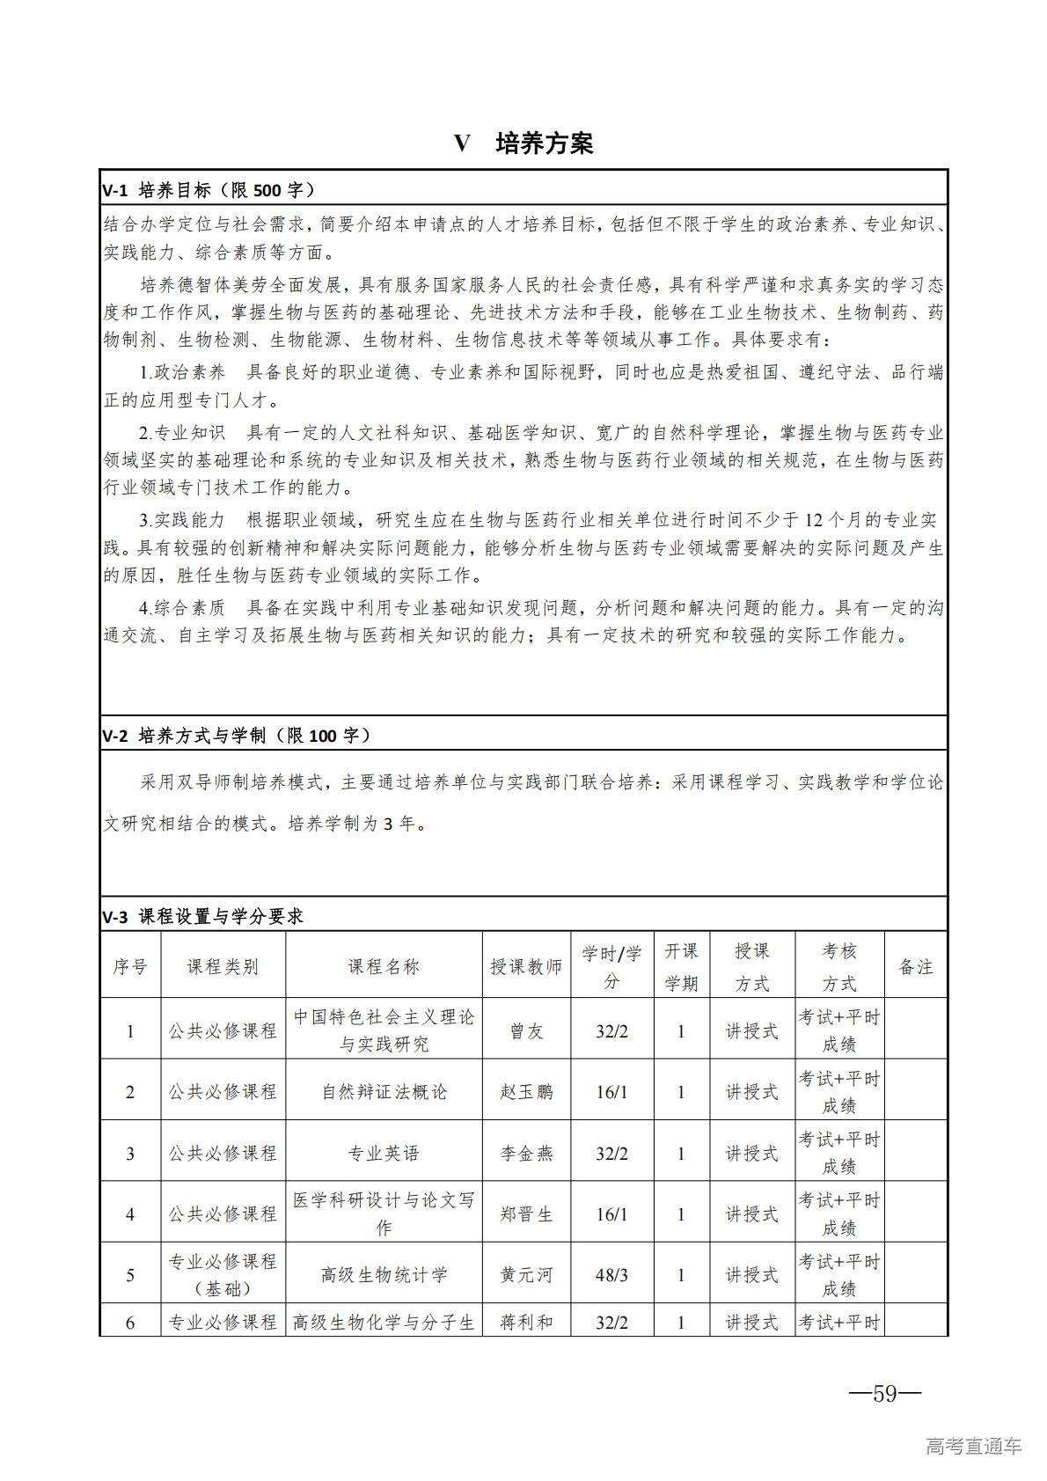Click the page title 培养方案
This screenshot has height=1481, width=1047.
544,143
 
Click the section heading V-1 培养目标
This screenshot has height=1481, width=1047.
209,190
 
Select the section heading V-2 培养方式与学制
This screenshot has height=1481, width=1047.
237,736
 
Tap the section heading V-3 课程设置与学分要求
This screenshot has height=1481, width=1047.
202,917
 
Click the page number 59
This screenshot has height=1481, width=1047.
884,1393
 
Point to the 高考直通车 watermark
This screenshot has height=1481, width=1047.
973,1446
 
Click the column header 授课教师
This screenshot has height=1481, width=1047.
526,966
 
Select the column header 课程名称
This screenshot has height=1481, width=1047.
384,966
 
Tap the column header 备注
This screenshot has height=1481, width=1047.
915,966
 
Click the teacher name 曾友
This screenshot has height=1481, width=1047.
526,1030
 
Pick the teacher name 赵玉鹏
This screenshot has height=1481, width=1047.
526,1091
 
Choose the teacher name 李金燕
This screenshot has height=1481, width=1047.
526,1153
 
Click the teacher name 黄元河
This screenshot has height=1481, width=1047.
526,1274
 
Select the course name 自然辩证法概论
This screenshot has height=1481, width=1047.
384,1091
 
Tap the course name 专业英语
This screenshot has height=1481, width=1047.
384,1153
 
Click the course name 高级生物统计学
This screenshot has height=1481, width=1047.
384,1274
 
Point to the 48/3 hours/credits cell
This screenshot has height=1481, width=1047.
611,1274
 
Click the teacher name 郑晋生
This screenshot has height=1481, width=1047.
526,1213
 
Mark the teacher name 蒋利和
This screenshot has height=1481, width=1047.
526,1322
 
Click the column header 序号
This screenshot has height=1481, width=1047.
130,966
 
